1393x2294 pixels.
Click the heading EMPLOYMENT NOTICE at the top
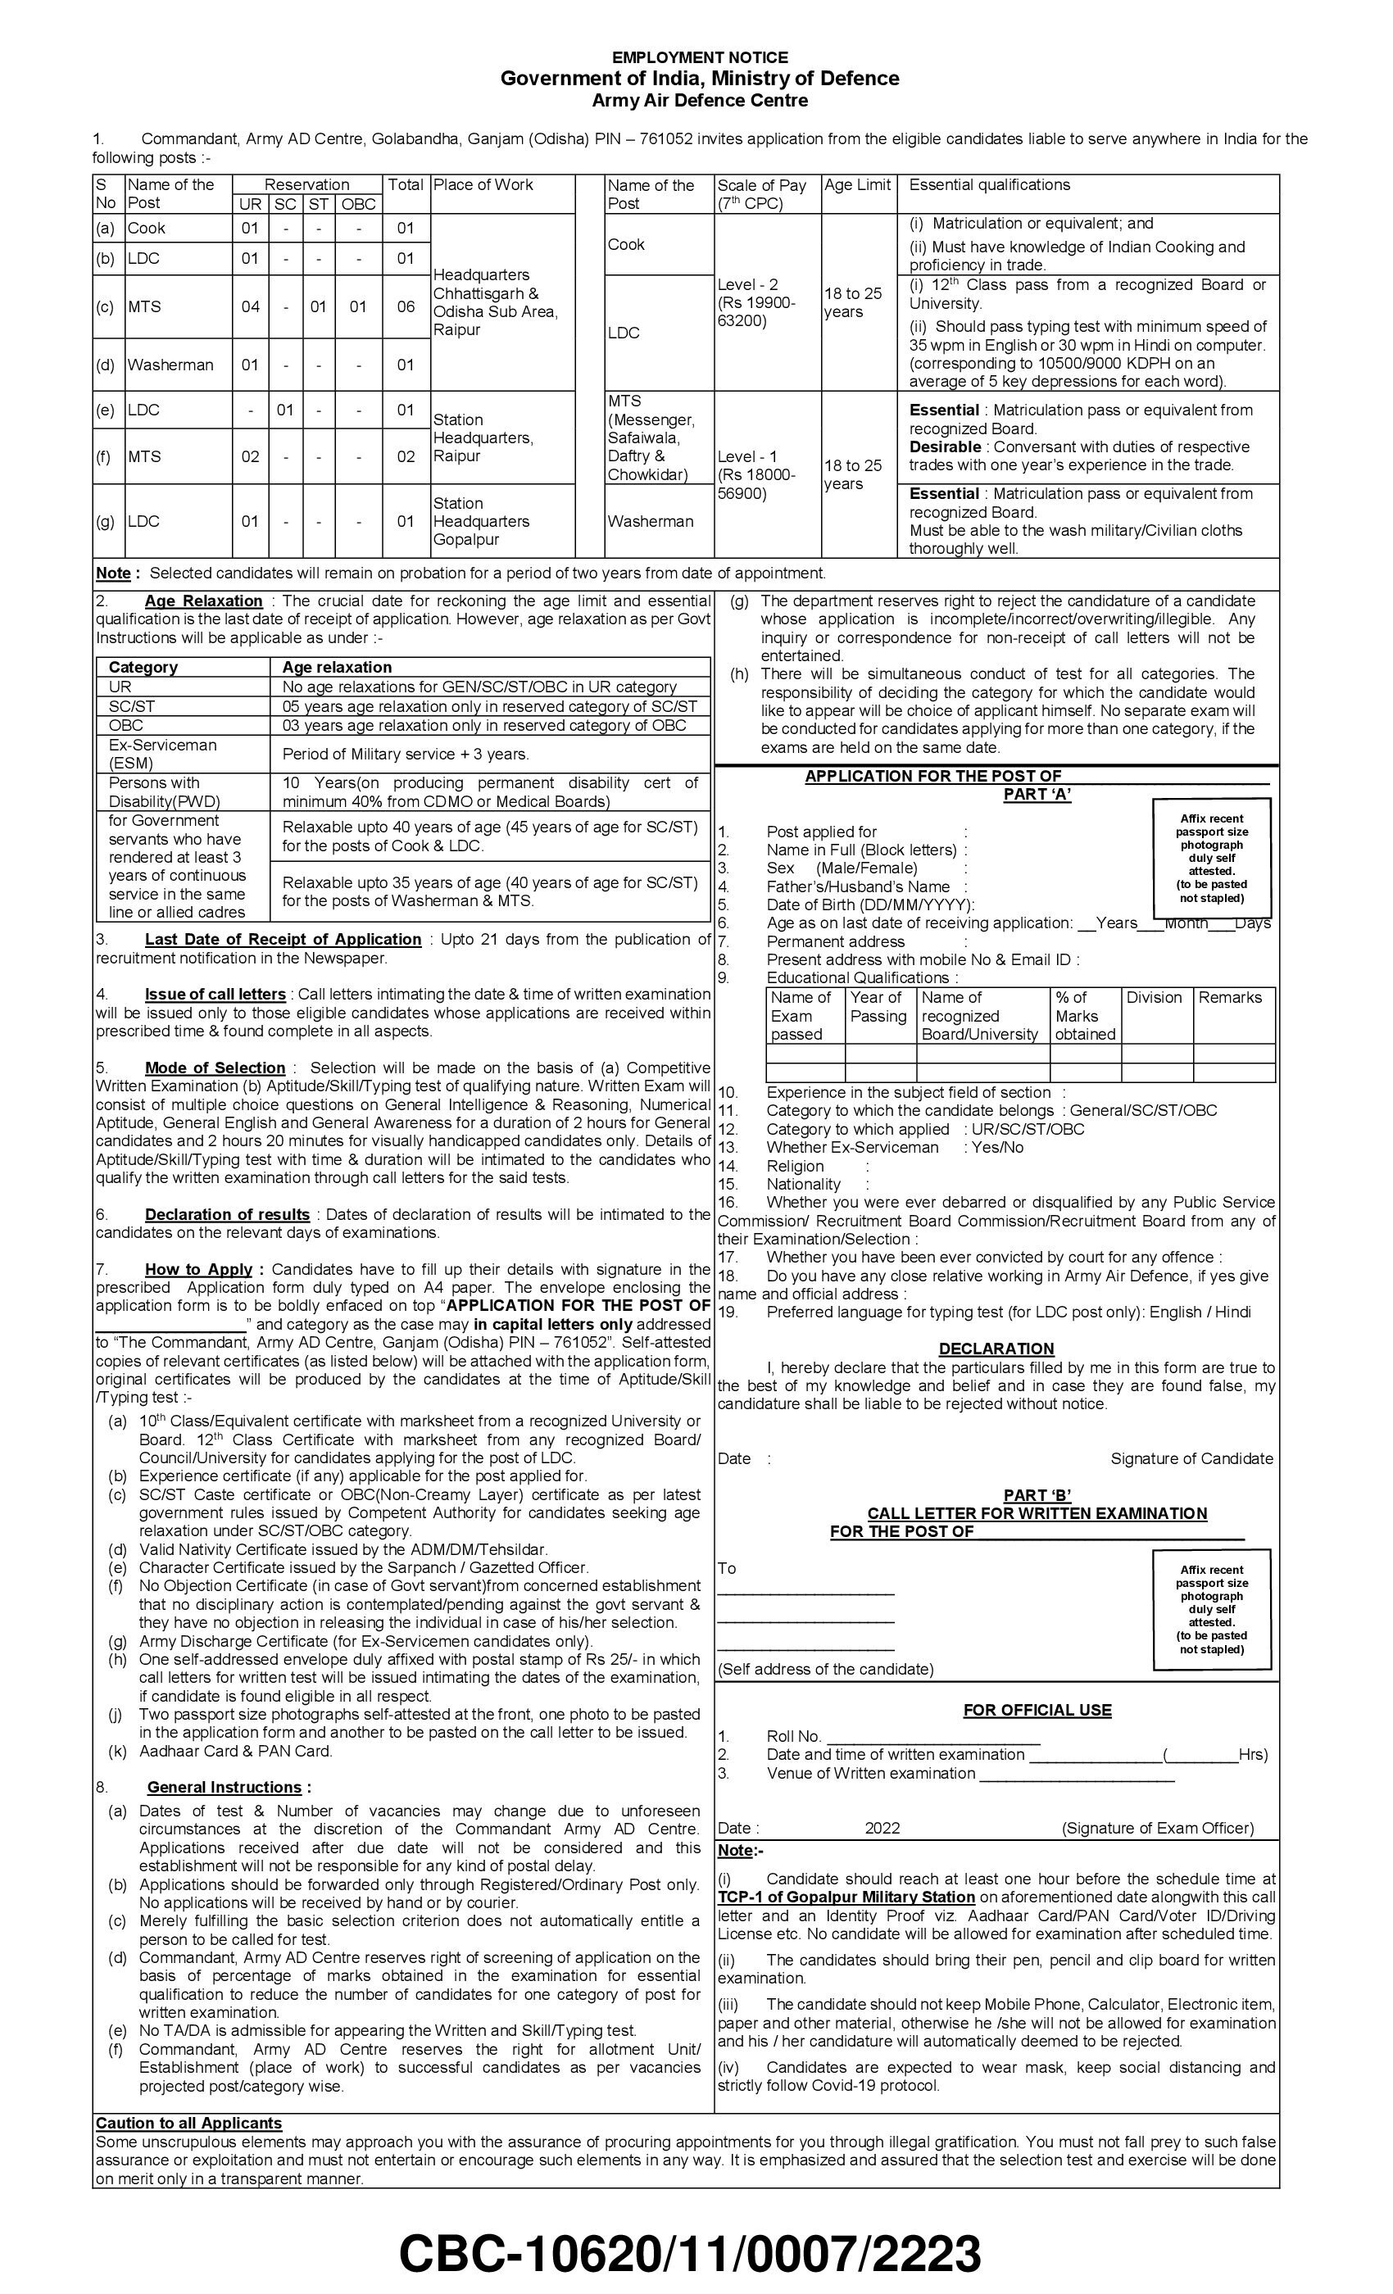point(699,57)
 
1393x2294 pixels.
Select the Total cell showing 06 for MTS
point(405,306)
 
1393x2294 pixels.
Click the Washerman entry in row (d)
point(170,365)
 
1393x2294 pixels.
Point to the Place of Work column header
point(483,184)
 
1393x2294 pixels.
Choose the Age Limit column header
point(856,184)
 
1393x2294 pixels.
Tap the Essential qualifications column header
point(989,184)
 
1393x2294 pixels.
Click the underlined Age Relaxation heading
point(203,601)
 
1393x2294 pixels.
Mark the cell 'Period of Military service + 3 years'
point(405,754)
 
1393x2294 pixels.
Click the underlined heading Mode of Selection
point(214,1068)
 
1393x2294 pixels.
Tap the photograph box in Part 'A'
point(1210,858)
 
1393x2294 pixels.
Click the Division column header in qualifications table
point(1154,997)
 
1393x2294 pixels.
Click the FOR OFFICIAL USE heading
point(1037,1711)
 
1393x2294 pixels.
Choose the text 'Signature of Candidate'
point(1191,1459)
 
